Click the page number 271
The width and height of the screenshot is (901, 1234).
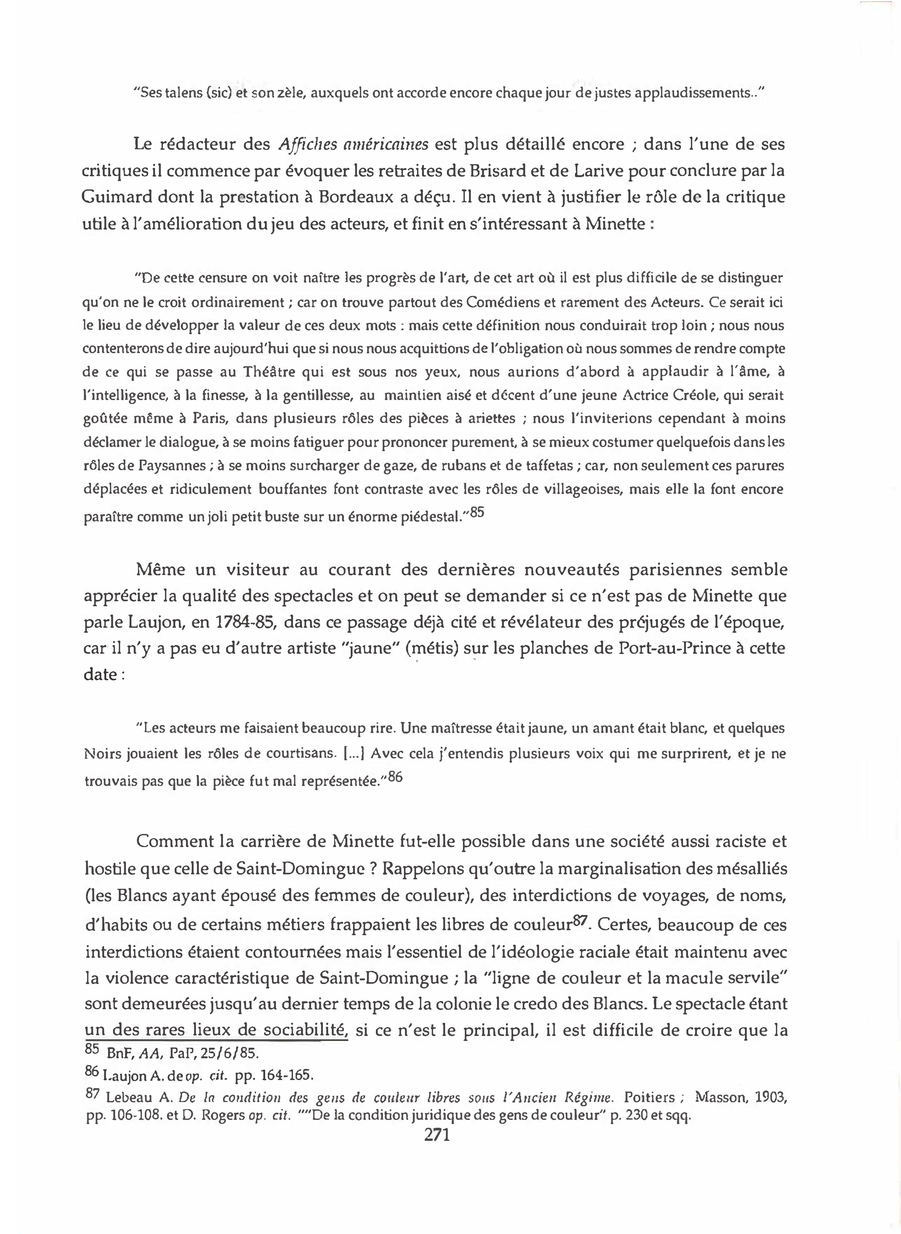pyautogui.click(x=436, y=1135)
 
